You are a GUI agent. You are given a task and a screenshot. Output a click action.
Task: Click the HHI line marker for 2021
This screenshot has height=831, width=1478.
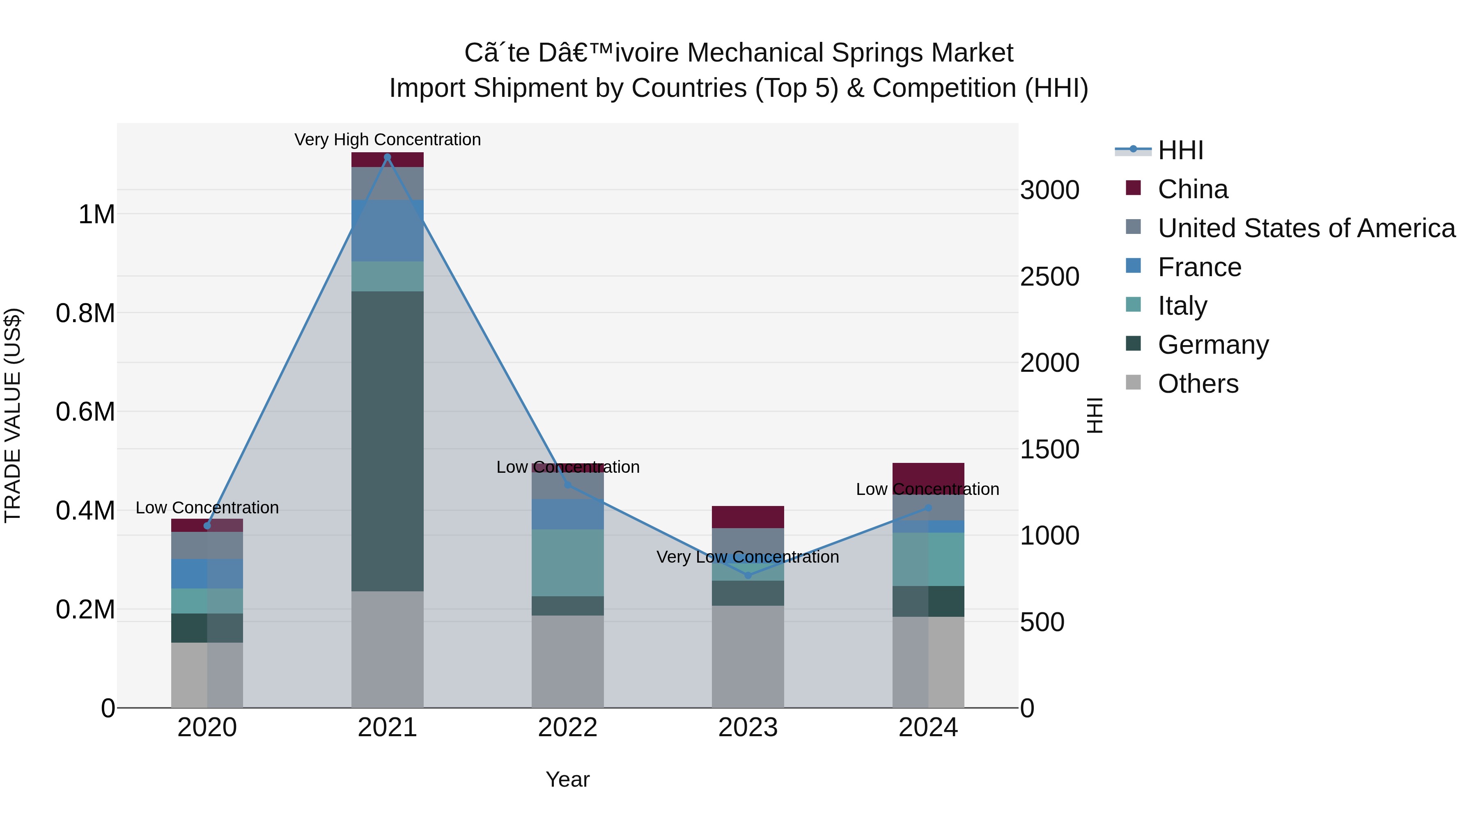[387, 157]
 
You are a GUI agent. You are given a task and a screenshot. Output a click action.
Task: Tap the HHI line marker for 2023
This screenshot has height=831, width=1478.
[748, 575]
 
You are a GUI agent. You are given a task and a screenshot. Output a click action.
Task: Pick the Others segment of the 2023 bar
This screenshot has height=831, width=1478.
[748, 656]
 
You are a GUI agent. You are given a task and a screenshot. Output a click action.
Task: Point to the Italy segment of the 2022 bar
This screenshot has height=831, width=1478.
[567, 562]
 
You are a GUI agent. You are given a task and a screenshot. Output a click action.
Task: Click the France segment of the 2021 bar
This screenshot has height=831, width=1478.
[387, 231]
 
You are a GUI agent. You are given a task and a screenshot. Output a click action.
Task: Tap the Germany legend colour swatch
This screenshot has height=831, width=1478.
[1133, 343]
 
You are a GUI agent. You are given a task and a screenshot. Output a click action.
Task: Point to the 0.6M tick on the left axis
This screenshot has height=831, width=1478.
[85, 412]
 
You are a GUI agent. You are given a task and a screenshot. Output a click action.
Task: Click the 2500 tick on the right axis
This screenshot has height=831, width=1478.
[1049, 277]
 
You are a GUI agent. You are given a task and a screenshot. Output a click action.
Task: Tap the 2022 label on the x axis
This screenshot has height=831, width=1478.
[567, 727]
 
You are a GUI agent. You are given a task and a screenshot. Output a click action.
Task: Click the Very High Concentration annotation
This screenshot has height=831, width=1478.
[387, 140]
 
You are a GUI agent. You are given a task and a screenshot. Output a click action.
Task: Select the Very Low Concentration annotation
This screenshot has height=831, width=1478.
[748, 557]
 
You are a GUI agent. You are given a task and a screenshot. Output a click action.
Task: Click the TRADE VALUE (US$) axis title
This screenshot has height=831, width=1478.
[13, 415]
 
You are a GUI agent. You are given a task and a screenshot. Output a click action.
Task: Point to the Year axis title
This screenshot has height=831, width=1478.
[567, 779]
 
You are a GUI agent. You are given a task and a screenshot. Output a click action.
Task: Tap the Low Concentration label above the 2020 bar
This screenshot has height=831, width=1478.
[207, 508]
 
